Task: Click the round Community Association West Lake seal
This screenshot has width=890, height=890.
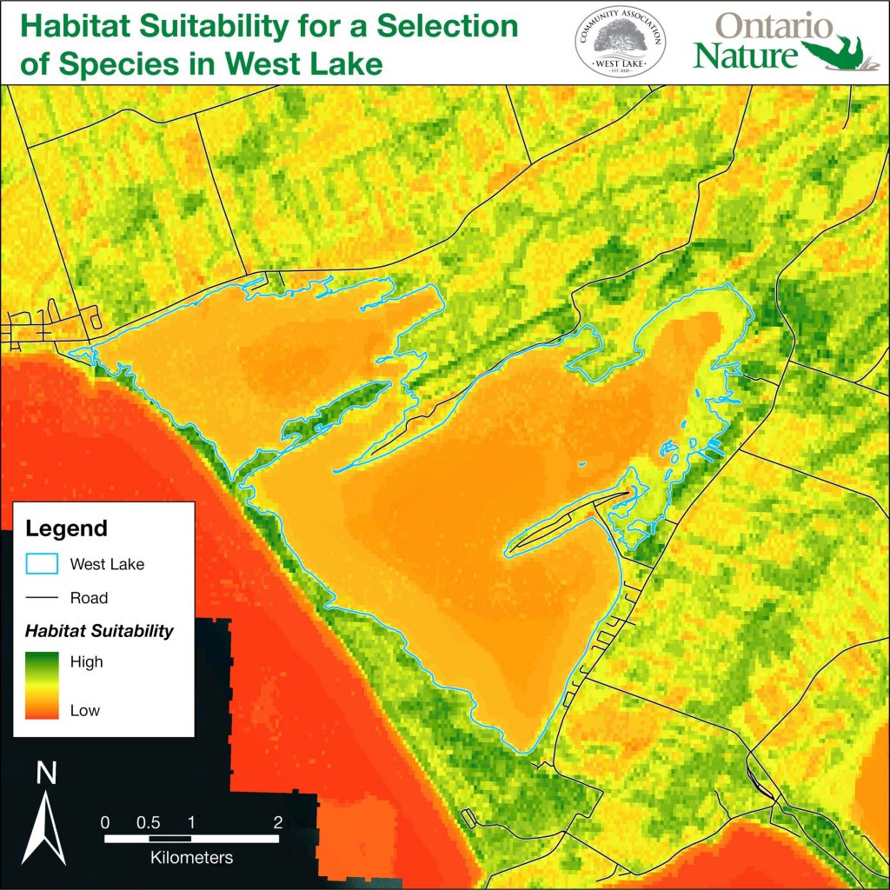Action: pyautogui.click(x=621, y=42)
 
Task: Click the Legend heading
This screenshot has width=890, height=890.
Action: pyautogui.click(x=67, y=528)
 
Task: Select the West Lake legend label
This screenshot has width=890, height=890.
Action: pyautogui.click(x=107, y=564)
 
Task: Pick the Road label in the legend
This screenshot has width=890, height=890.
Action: pyautogui.click(x=89, y=598)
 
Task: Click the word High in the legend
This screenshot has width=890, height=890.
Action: pyautogui.click(x=86, y=661)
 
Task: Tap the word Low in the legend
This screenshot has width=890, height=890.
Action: pyautogui.click(x=84, y=710)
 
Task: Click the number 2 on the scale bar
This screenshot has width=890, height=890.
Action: pyautogui.click(x=276, y=821)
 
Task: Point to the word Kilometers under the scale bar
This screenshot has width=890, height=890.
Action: pyautogui.click(x=191, y=858)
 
